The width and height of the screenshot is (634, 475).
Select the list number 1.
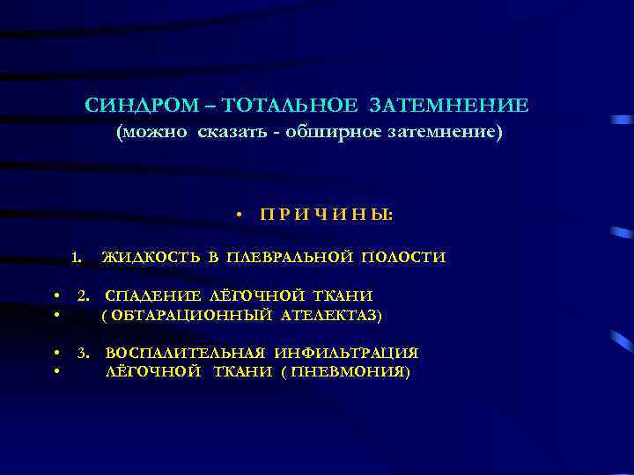point(77,258)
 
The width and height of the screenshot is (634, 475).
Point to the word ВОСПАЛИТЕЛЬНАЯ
point(185,354)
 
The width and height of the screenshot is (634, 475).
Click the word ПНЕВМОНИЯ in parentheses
point(357,372)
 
